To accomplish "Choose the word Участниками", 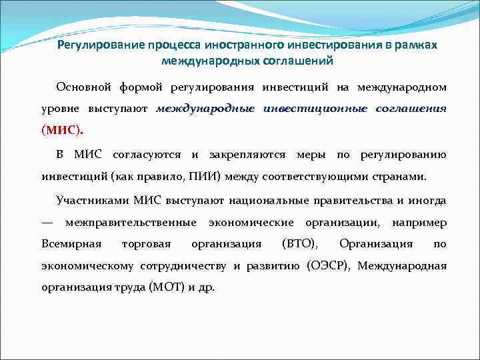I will tap(93, 199).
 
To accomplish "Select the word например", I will tap(419, 221).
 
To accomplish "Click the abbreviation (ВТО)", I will tap(300, 243).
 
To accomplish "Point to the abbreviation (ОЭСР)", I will tap(329, 266).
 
